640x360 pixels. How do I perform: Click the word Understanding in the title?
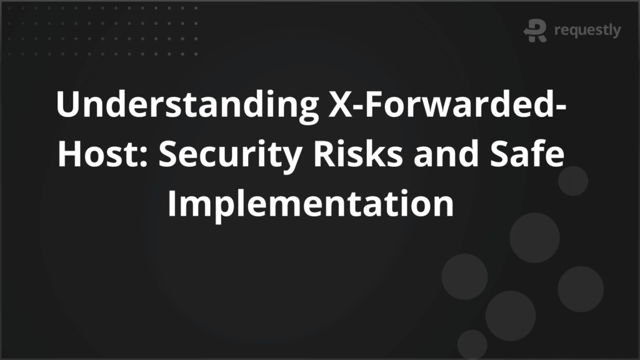click(x=187, y=105)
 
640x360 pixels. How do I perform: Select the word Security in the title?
click(x=230, y=155)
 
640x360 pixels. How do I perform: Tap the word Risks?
click(x=358, y=154)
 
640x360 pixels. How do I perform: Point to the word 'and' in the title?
click(x=446, y=154)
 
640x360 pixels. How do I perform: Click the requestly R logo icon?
click(x=535, y=30)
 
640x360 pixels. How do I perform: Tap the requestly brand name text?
click(x=587, y=30)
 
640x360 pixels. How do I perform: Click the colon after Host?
click(x=143, y=157)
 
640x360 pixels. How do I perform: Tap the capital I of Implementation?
click(x=172, y=204)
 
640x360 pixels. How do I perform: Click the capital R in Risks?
click(x=324, y=154)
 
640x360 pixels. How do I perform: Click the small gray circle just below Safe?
click(x=573, y=181)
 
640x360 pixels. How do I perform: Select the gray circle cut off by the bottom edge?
click(x=472, y=344)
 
